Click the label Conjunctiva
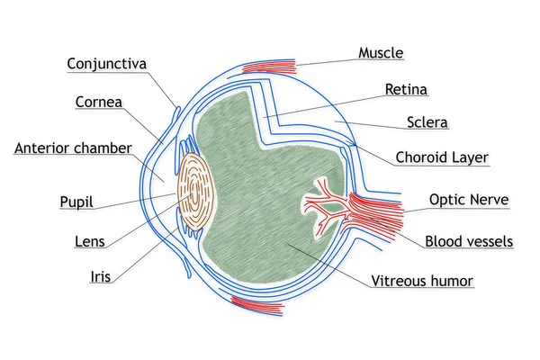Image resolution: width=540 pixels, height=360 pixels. click(x=107, y=64)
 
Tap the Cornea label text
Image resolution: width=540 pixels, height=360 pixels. click(x=99, y=102)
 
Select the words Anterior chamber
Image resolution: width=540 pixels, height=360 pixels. click(x=73, y=148)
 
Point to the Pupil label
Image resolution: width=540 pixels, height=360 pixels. click(x=76, y=202)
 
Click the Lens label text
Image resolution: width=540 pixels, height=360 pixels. click(x=89, y=241)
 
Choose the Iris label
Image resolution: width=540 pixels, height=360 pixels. click(x=101, y=276)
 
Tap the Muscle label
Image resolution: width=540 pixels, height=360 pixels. click(x=381, y=53)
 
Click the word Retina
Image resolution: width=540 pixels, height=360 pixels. click(x=407, y=89)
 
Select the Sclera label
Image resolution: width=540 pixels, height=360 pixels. click(x=427, y=122)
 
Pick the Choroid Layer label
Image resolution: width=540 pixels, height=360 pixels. click(x=442, y=157)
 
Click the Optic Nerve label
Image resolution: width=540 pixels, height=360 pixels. click(x=469, y=200)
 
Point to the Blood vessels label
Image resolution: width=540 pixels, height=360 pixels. click(x=469, y=241)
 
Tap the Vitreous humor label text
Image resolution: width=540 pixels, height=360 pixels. click(x=422, y=281)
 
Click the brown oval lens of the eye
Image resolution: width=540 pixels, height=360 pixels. click(x=196, y=192)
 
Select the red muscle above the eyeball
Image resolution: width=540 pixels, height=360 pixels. click(x=269, y=67)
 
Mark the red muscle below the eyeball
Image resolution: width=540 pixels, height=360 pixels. click(x=257, y=304)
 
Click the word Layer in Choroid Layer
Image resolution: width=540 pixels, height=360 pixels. click(x=470, y=157)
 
